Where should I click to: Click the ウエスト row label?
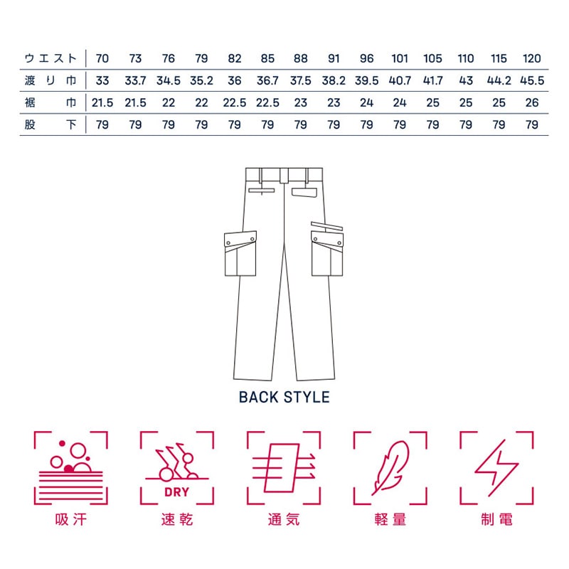pos(50,58)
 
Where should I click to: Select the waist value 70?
pos(102,58)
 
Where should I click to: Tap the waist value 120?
pos(532,58)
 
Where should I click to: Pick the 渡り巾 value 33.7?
pos(135,80)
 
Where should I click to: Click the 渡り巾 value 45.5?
pos(532,80)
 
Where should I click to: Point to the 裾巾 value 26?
pos(532,102)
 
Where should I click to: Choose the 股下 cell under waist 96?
pos(367,125)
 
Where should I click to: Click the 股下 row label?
pos(50,125)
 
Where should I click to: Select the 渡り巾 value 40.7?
pos(400,80)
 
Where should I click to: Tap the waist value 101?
pos(400,58)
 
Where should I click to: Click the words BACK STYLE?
pos(284,397)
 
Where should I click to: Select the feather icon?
pos(390,466)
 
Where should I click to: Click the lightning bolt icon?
pos(496,466)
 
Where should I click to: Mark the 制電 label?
pos(496,520)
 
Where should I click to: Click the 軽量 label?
pos(390,520)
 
